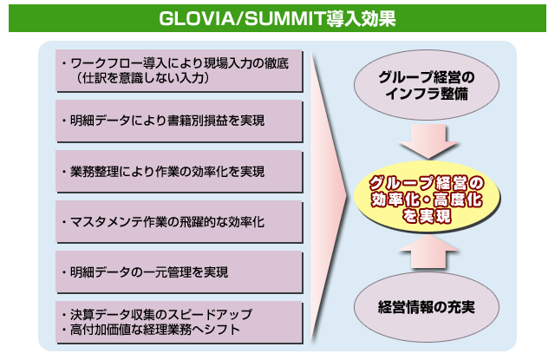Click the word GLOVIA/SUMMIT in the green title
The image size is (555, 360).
243,18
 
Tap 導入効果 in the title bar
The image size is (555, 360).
362,18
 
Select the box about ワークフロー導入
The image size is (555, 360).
180,71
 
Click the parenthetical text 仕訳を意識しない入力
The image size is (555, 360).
143,78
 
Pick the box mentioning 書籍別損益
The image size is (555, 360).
180,121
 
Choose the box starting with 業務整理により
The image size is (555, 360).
180,172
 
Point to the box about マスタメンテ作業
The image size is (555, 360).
180,222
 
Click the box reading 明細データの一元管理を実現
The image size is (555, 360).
180,272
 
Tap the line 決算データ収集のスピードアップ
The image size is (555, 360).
158,314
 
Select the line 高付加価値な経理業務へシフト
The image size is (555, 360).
152,330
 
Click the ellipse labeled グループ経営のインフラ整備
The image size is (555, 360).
427,85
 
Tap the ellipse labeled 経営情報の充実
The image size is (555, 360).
427,307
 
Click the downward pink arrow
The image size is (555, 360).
428,141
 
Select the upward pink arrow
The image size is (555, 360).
428,252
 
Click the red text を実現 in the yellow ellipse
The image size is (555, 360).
427,216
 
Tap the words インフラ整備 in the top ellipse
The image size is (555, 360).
427,94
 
